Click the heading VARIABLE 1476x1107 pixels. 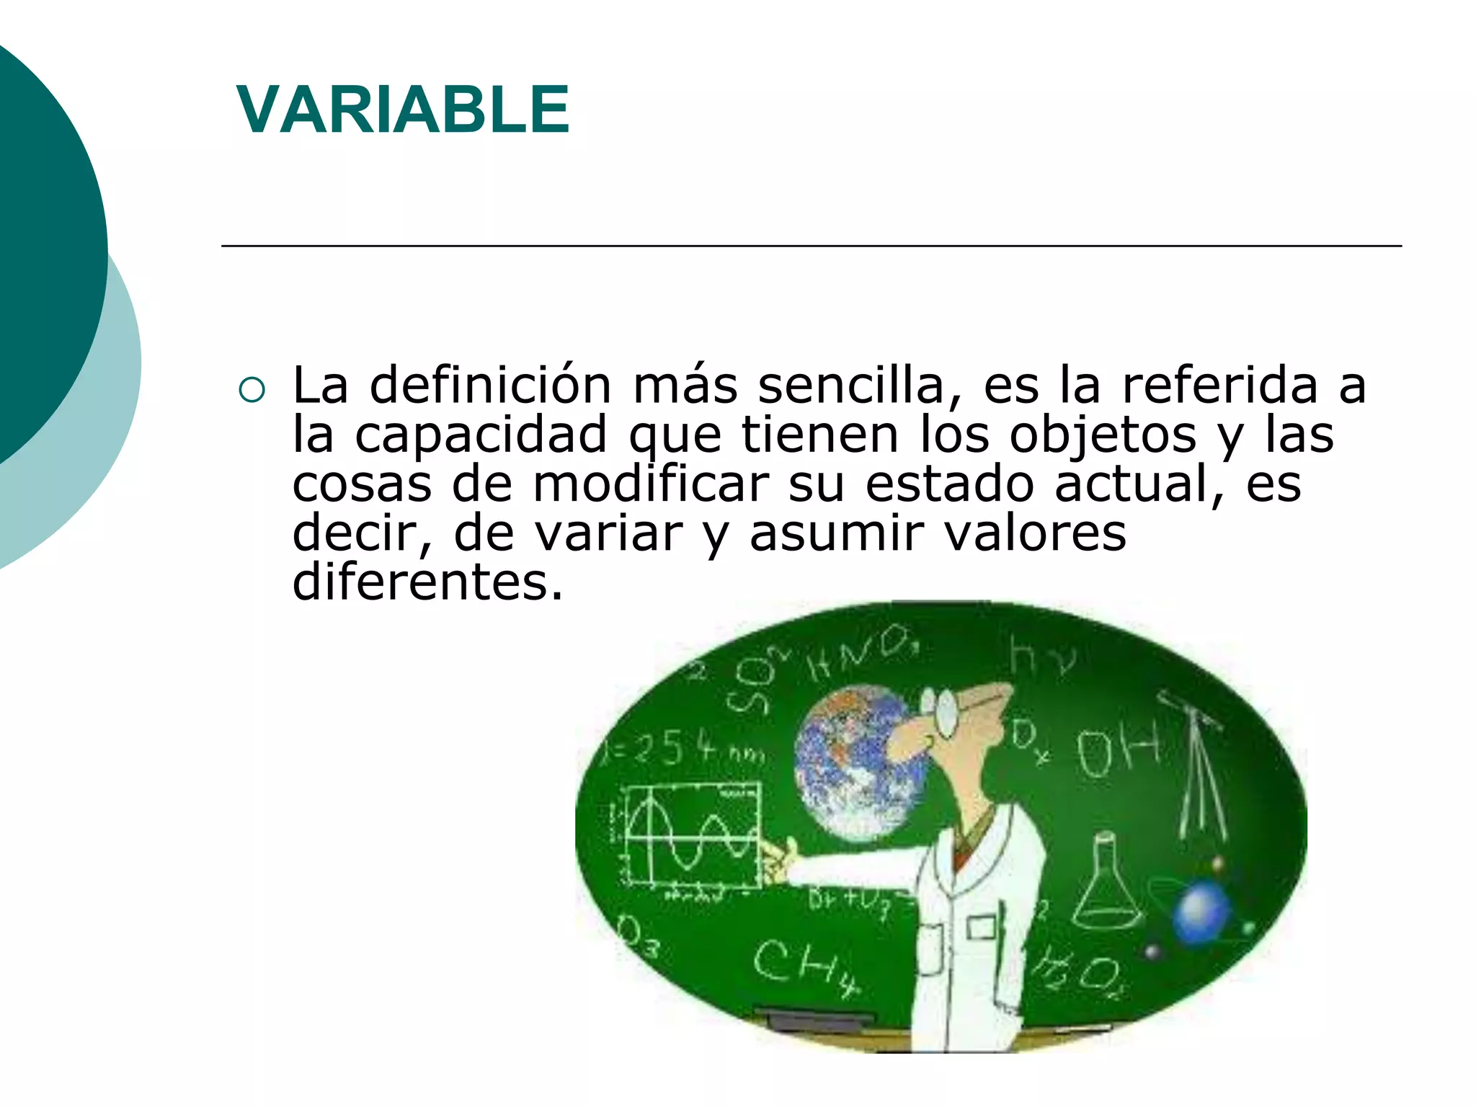[x=403, y=110]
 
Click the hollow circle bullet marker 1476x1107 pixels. [x=252, y=390]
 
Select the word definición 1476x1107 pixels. [x=490, y=386]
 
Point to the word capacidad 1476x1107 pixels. [x=481, y=435]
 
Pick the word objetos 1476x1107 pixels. [x=1102, y=435]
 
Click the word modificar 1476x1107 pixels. [x=651, y=484]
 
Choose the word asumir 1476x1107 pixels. [x=836, y=534]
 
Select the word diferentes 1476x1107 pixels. [x=427, y=582]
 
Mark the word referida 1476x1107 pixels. [x=1219, y=386]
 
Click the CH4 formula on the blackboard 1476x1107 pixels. [x=804, y=966]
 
